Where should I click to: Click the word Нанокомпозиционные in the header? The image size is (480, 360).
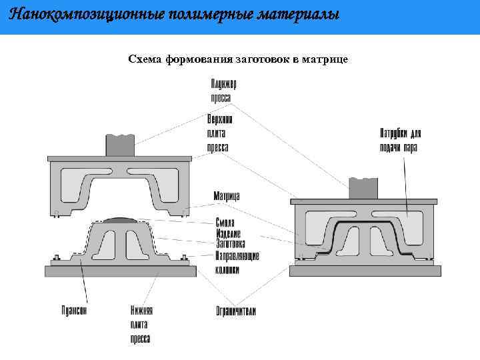(69, 14)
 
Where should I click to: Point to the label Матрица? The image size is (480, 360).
(227, 196)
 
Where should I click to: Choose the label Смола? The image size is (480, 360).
(225, 223)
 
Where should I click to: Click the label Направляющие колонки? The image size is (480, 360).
(236, 263)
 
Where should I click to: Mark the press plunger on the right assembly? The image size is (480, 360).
(365, 188)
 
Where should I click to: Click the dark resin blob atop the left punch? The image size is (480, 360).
(121, 219)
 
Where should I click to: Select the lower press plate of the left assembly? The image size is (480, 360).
(120, 271)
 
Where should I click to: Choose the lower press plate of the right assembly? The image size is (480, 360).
(365, 270)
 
